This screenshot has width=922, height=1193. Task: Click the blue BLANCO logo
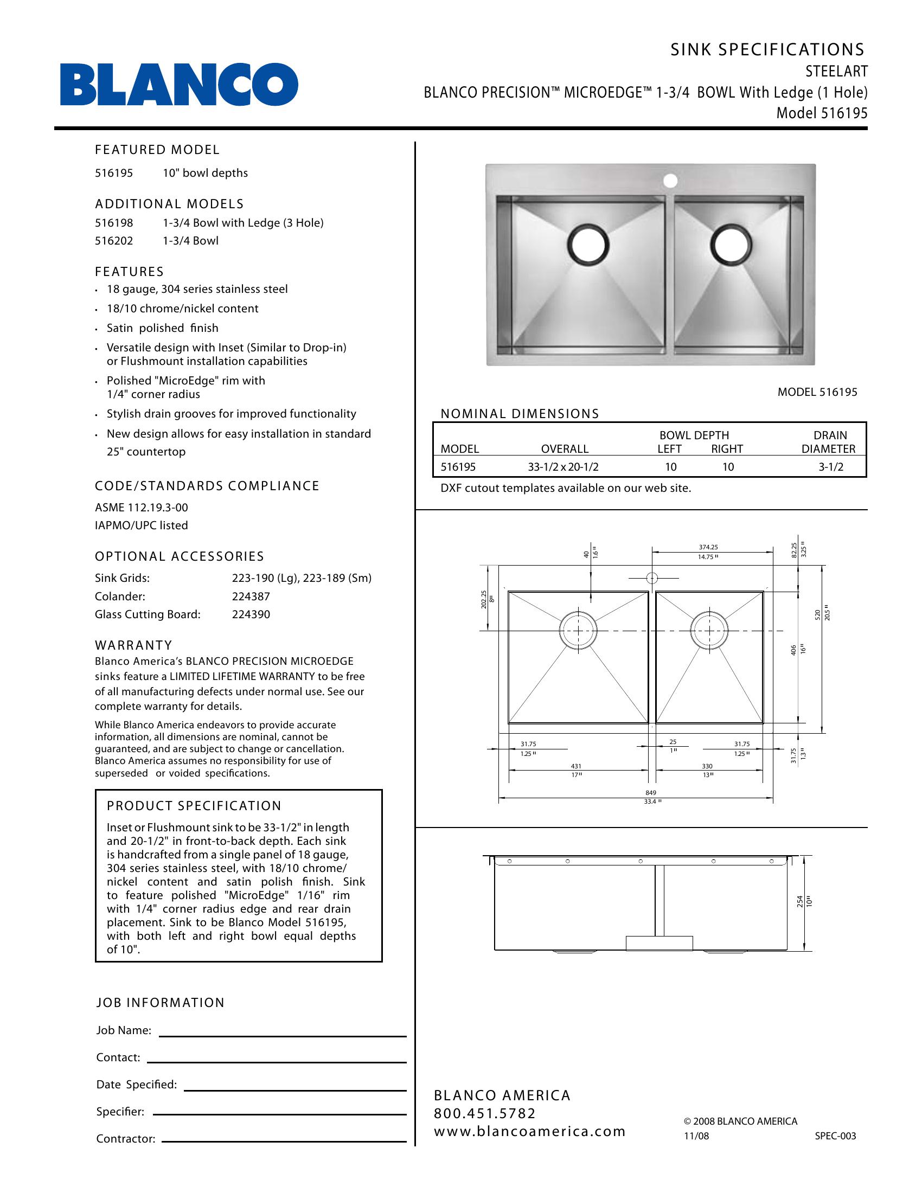coord(179,84)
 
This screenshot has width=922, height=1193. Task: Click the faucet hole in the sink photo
coord(670,181)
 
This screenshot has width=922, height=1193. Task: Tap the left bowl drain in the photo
coord(588,244)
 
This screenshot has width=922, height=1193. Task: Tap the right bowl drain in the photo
coord(731,244)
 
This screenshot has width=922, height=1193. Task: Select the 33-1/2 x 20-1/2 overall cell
coord(563,467)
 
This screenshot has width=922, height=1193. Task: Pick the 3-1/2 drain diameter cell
coord(831,467)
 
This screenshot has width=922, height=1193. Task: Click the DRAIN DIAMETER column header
coord(829,442)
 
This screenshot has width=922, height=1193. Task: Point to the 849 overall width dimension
coord(650,793)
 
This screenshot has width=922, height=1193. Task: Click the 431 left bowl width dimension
coord(576,766)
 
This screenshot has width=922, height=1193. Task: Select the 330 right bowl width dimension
coord(707,766)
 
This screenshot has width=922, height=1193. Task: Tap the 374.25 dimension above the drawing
coord(708,547)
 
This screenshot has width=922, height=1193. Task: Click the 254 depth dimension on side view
coord(799,901)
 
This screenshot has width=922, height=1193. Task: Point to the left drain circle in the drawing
coord(579,630)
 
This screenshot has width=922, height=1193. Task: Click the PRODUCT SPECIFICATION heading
coord(194,806)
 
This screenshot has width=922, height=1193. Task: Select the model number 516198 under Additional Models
coord(114,223)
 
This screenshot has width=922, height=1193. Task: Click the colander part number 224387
coord(251,596)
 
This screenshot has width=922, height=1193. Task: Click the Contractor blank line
coord(284,1140)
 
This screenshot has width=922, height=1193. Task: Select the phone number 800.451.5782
coord(484,1113)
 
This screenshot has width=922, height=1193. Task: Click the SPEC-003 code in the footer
coord(835,1136)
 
